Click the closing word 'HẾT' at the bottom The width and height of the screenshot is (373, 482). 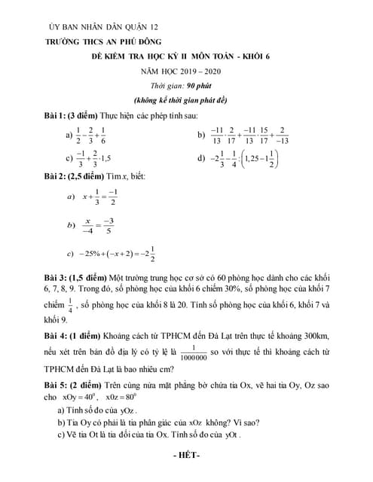coord(187,457)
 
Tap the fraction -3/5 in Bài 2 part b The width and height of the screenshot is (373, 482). coord(108,224)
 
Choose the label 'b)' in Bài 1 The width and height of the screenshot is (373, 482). coord(201,134)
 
